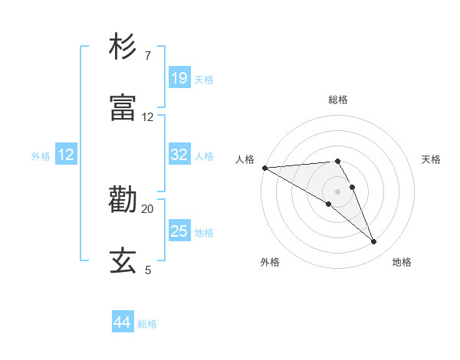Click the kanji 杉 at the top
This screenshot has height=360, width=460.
(123, 47)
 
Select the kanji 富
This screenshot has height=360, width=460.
(123, 108)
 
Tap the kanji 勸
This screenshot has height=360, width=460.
(123, 201)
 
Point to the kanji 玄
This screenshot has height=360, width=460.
(123, 261)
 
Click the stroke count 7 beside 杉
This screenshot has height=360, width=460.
(147, 56)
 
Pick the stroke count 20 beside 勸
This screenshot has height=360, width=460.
(147, 208)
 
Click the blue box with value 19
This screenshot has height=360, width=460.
(179, 77)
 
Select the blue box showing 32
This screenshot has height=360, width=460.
(179, 155)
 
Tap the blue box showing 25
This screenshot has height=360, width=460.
(179, 231)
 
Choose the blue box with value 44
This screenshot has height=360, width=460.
(123, 322)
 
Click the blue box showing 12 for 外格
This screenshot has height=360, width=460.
(66, 155)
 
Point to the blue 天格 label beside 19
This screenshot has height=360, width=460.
(204, 79)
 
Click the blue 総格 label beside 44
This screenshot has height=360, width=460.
(148, 324)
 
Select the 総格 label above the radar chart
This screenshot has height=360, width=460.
(338, 100)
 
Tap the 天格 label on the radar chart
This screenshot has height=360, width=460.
(432, 159)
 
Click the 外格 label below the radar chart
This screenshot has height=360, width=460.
(270, 262)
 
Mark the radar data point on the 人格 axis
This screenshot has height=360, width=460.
(264, 168)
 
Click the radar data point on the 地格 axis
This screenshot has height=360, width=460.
(374, 242)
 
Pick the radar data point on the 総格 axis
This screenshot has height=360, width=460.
(337, 161)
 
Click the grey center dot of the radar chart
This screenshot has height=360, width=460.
(337, 191)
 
